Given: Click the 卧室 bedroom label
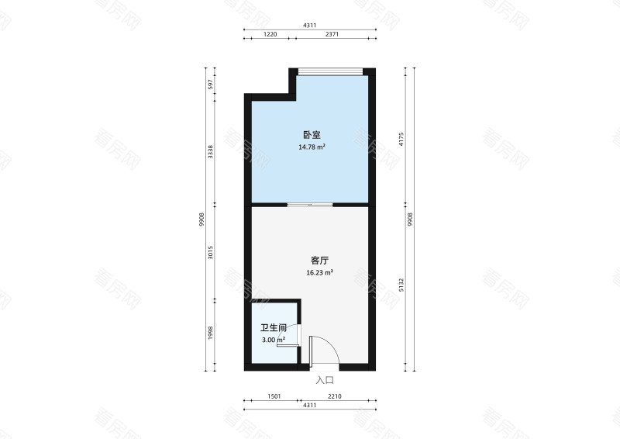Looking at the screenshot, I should (x=310, y=134).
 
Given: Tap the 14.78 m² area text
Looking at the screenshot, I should (x=312, y=146).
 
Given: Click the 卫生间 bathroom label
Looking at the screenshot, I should (x=273, y=328).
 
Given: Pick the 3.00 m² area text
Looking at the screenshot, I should (x=273, y=340).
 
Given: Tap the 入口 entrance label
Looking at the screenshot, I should (x=325, y=380).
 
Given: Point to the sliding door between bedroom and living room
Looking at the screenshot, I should (x=310, y=205).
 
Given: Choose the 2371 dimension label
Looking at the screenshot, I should (x=335, y=35).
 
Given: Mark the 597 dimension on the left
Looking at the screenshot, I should (x=210, y=85).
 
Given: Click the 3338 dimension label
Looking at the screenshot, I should (x=210, y=151).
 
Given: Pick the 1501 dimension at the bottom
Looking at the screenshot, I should (x=274, y=397).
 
